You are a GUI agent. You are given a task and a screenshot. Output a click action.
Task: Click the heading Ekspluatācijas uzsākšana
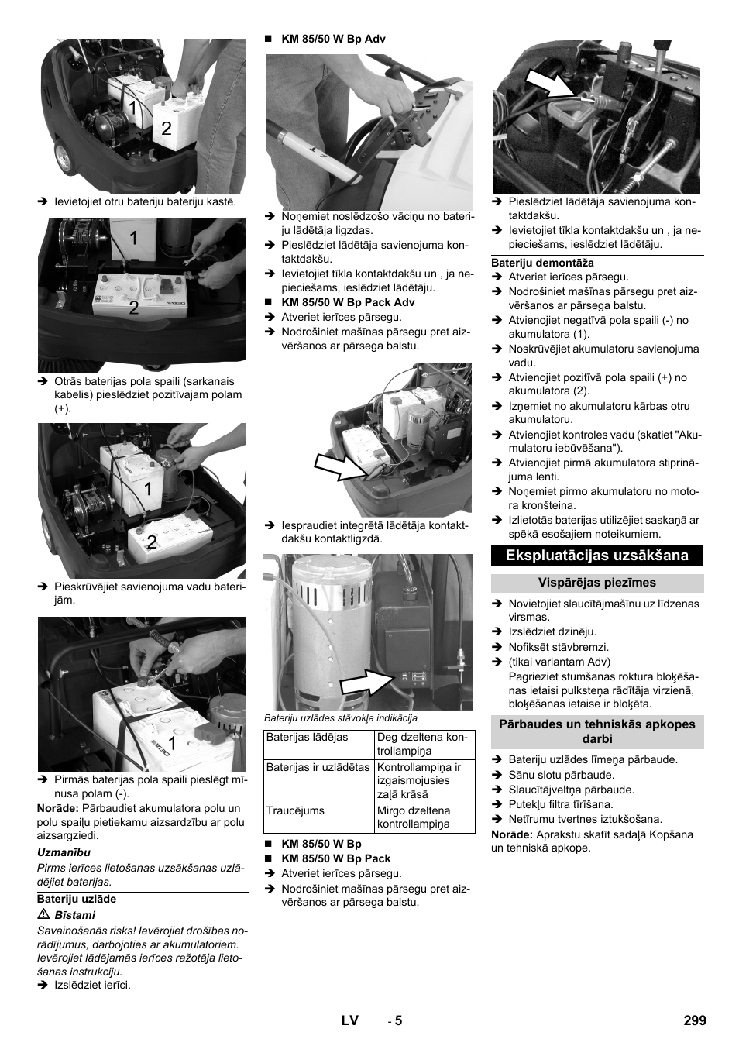point(597,556)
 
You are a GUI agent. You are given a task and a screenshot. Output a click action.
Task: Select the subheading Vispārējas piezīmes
point(597,583)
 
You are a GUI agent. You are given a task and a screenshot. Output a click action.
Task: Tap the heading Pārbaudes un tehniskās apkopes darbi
point(597,731)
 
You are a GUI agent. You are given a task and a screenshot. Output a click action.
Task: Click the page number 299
point(695,1020)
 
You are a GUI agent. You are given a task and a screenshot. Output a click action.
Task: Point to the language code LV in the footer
point(349,1020)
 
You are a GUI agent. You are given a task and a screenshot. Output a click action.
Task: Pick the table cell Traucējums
point(295,810)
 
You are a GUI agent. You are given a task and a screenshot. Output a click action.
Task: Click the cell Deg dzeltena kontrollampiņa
point(422,744)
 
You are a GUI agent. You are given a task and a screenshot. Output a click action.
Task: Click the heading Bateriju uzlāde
point(77,899)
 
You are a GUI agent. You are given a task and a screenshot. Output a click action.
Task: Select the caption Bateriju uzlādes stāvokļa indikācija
point(341,718)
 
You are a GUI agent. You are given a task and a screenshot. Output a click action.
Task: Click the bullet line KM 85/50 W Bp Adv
point(333,39)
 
